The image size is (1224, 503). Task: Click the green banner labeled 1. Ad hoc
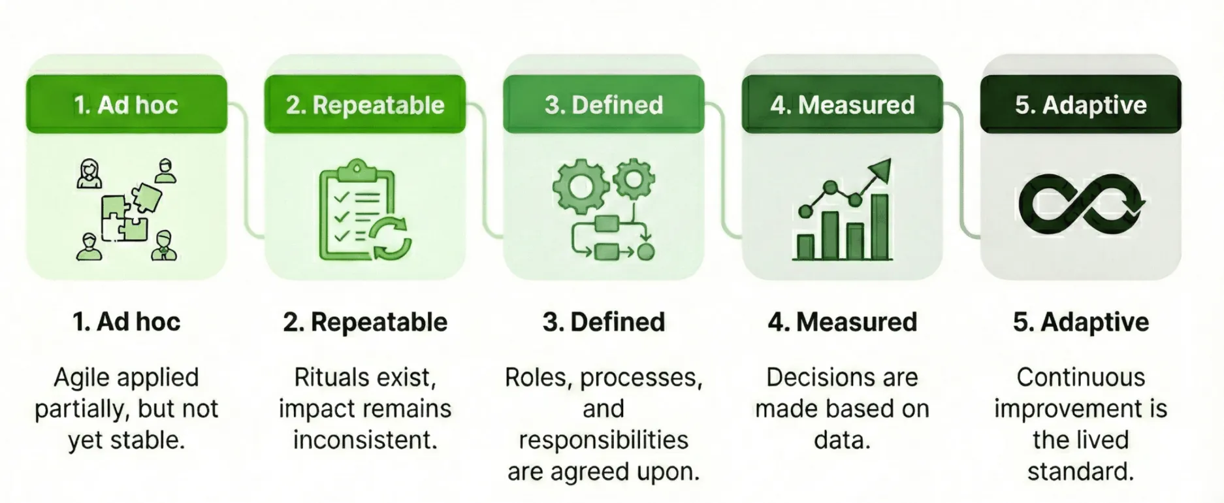pos(126,105)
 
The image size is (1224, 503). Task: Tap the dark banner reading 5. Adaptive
pos(1080,105)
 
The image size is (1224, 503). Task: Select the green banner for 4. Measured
pos(842,105)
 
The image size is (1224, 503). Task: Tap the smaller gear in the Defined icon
pos(633,176)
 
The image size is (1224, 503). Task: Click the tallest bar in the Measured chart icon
pos(880,226)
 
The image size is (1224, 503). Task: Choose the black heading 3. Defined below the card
pos(604,322)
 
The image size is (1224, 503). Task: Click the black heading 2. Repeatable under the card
pos(365,322)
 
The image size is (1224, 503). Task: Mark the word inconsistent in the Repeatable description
pos(365,440)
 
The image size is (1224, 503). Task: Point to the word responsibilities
pos(604,440)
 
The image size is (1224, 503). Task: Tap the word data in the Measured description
pos(842,440)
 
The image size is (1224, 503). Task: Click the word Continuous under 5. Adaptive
pos(1080,378)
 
